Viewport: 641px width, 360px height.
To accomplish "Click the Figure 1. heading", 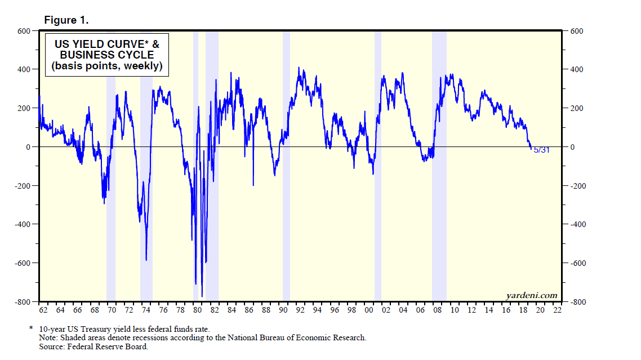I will (66, 20).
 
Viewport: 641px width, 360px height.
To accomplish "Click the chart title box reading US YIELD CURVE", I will (107, 55).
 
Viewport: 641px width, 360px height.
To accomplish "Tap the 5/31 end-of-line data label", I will (541, 150).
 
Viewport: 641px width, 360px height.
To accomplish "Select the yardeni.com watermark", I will (532, 295).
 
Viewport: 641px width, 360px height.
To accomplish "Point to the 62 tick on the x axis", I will (43, 310).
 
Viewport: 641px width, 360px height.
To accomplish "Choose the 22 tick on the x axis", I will (557, 310).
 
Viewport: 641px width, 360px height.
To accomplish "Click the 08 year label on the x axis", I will (437, 310).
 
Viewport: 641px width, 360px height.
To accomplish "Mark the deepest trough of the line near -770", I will (202, 296).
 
